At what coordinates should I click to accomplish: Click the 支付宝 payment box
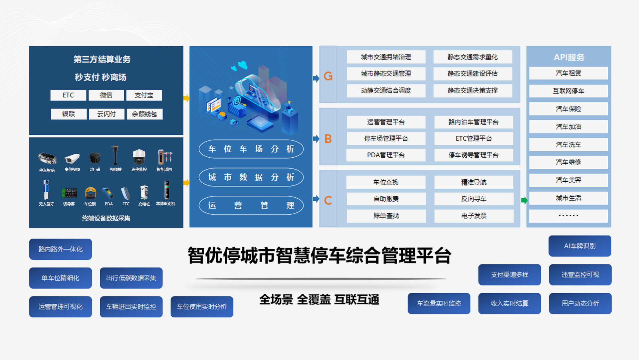click(x=144, y=95)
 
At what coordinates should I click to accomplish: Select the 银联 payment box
click(x=69, y=114)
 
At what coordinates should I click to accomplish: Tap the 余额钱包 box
click(x=144, y=114)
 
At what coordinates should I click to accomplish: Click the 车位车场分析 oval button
click(x=251, y=149)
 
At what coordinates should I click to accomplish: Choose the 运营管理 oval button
click(x=251, y=205)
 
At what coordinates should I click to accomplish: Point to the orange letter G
click(x=328, y=76)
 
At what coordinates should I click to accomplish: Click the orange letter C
click(x=328, y=200)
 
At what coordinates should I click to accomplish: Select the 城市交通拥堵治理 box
click(x=386, y=57)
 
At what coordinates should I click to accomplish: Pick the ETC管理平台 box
click(x=474, y=138)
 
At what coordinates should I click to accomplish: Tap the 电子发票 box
click(x=474, y=216)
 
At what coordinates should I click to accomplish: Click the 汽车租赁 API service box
click(x=568, y=73)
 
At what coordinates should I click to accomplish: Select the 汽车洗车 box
click(x=568, y=144)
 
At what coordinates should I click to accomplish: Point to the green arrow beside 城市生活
click(x=524, y=200)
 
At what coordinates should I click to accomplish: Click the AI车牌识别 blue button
click(x=580, y=246)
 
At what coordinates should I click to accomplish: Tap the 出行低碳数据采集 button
click(x=131, y=278)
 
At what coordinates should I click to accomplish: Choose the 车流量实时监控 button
click(x=439, y=303)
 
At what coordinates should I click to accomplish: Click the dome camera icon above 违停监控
click(x=139, y=157)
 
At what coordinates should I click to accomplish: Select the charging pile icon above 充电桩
click(x=144, y=192)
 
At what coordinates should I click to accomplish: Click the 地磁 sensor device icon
click(x=95, y=158)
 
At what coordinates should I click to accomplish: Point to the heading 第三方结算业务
click(x=102, y=59)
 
